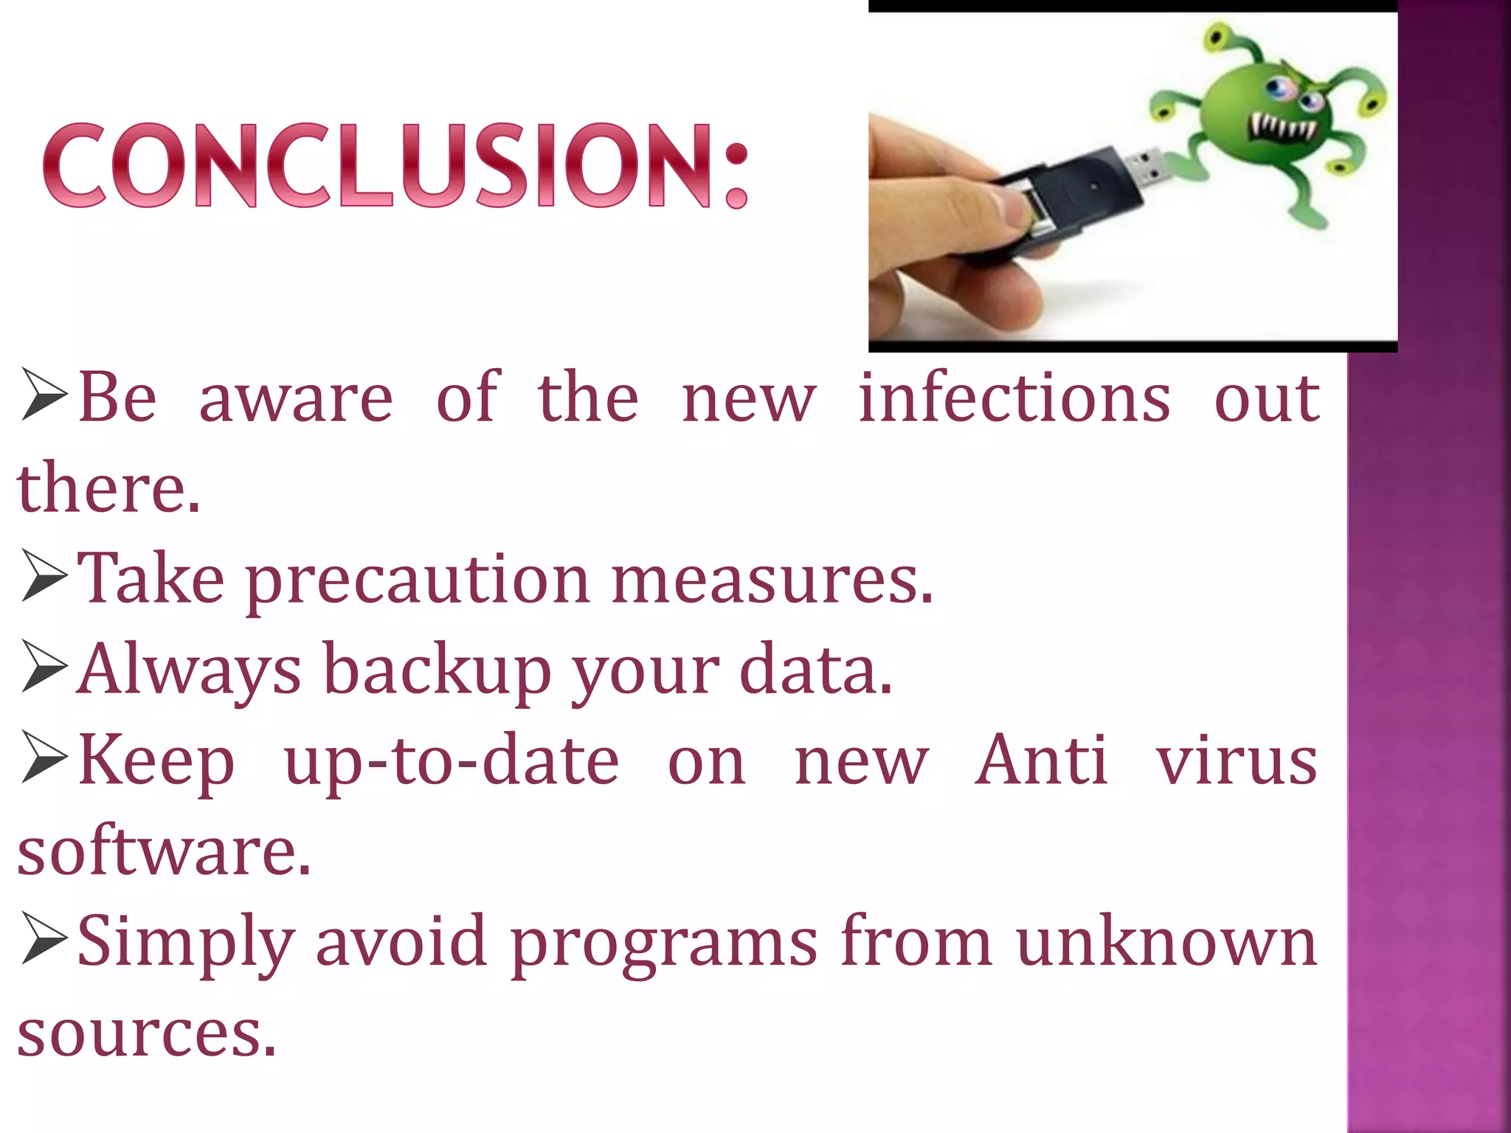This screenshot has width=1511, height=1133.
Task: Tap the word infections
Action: point(1014,398)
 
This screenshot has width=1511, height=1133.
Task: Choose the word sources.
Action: point(146,1033)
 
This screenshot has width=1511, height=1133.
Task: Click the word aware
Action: point(296,398)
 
